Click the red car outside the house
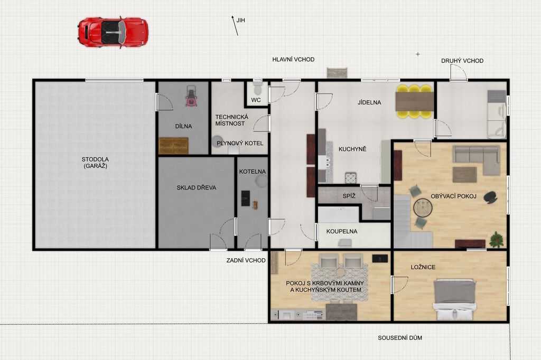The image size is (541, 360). tap(113, 32)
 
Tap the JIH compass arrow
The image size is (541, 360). tap(235, 25)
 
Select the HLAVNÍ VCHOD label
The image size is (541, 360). tap(293, 59)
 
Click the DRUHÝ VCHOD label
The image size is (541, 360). tap(462, 61)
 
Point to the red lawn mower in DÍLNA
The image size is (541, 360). tap(190, 96)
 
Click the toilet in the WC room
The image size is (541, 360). tap(257, 88)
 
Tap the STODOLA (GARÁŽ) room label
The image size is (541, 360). tap(95, 163)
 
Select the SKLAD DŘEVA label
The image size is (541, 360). tap(197, 187)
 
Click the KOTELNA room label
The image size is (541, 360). tap(253, 172)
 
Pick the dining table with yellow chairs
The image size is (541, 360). tap(414, 101)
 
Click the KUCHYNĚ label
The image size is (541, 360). tap(352, 149)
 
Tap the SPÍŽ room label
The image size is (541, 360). tap(349, 196)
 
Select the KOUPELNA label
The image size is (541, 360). tap(342, 231)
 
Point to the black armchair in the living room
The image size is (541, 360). tap(491, 197)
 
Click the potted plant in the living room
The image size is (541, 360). tap(497, 239)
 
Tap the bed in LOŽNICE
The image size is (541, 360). tap(455, 299)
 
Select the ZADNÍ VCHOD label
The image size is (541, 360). tap(246, 260)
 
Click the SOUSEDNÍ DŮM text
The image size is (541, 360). tap(400, 338)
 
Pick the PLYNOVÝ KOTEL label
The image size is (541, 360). tap(240, 143)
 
